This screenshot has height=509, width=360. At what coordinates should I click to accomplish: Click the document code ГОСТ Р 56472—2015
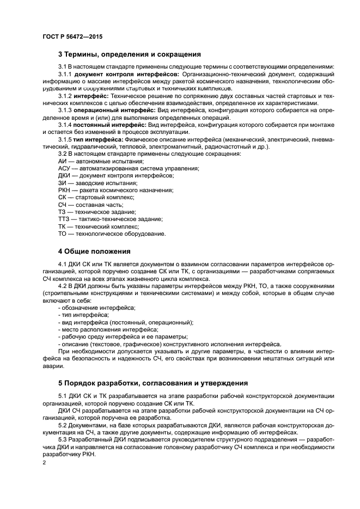pos(72,36)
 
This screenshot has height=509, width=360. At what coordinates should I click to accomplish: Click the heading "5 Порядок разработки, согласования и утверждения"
pos(153,382)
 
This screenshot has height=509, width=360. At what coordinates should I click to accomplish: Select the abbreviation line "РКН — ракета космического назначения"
pos(115,190)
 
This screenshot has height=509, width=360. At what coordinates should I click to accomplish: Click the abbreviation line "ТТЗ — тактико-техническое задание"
pos(110,219)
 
